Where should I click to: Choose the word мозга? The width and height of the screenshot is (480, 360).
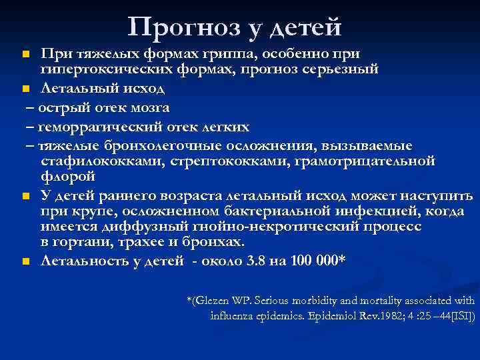[147, 107]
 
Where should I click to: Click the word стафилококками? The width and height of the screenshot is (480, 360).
[97, 161]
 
